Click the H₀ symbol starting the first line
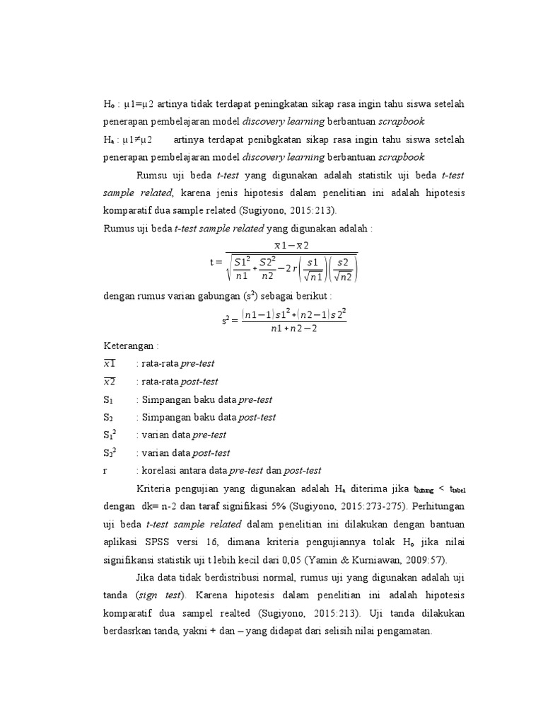point(108,105)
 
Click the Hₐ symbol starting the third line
point(108,139)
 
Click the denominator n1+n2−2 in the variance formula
point(294,329)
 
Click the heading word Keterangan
point(129,346)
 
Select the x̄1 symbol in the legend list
point(110,363)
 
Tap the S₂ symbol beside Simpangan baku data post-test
point(108,417)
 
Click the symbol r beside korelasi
point(105,470)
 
